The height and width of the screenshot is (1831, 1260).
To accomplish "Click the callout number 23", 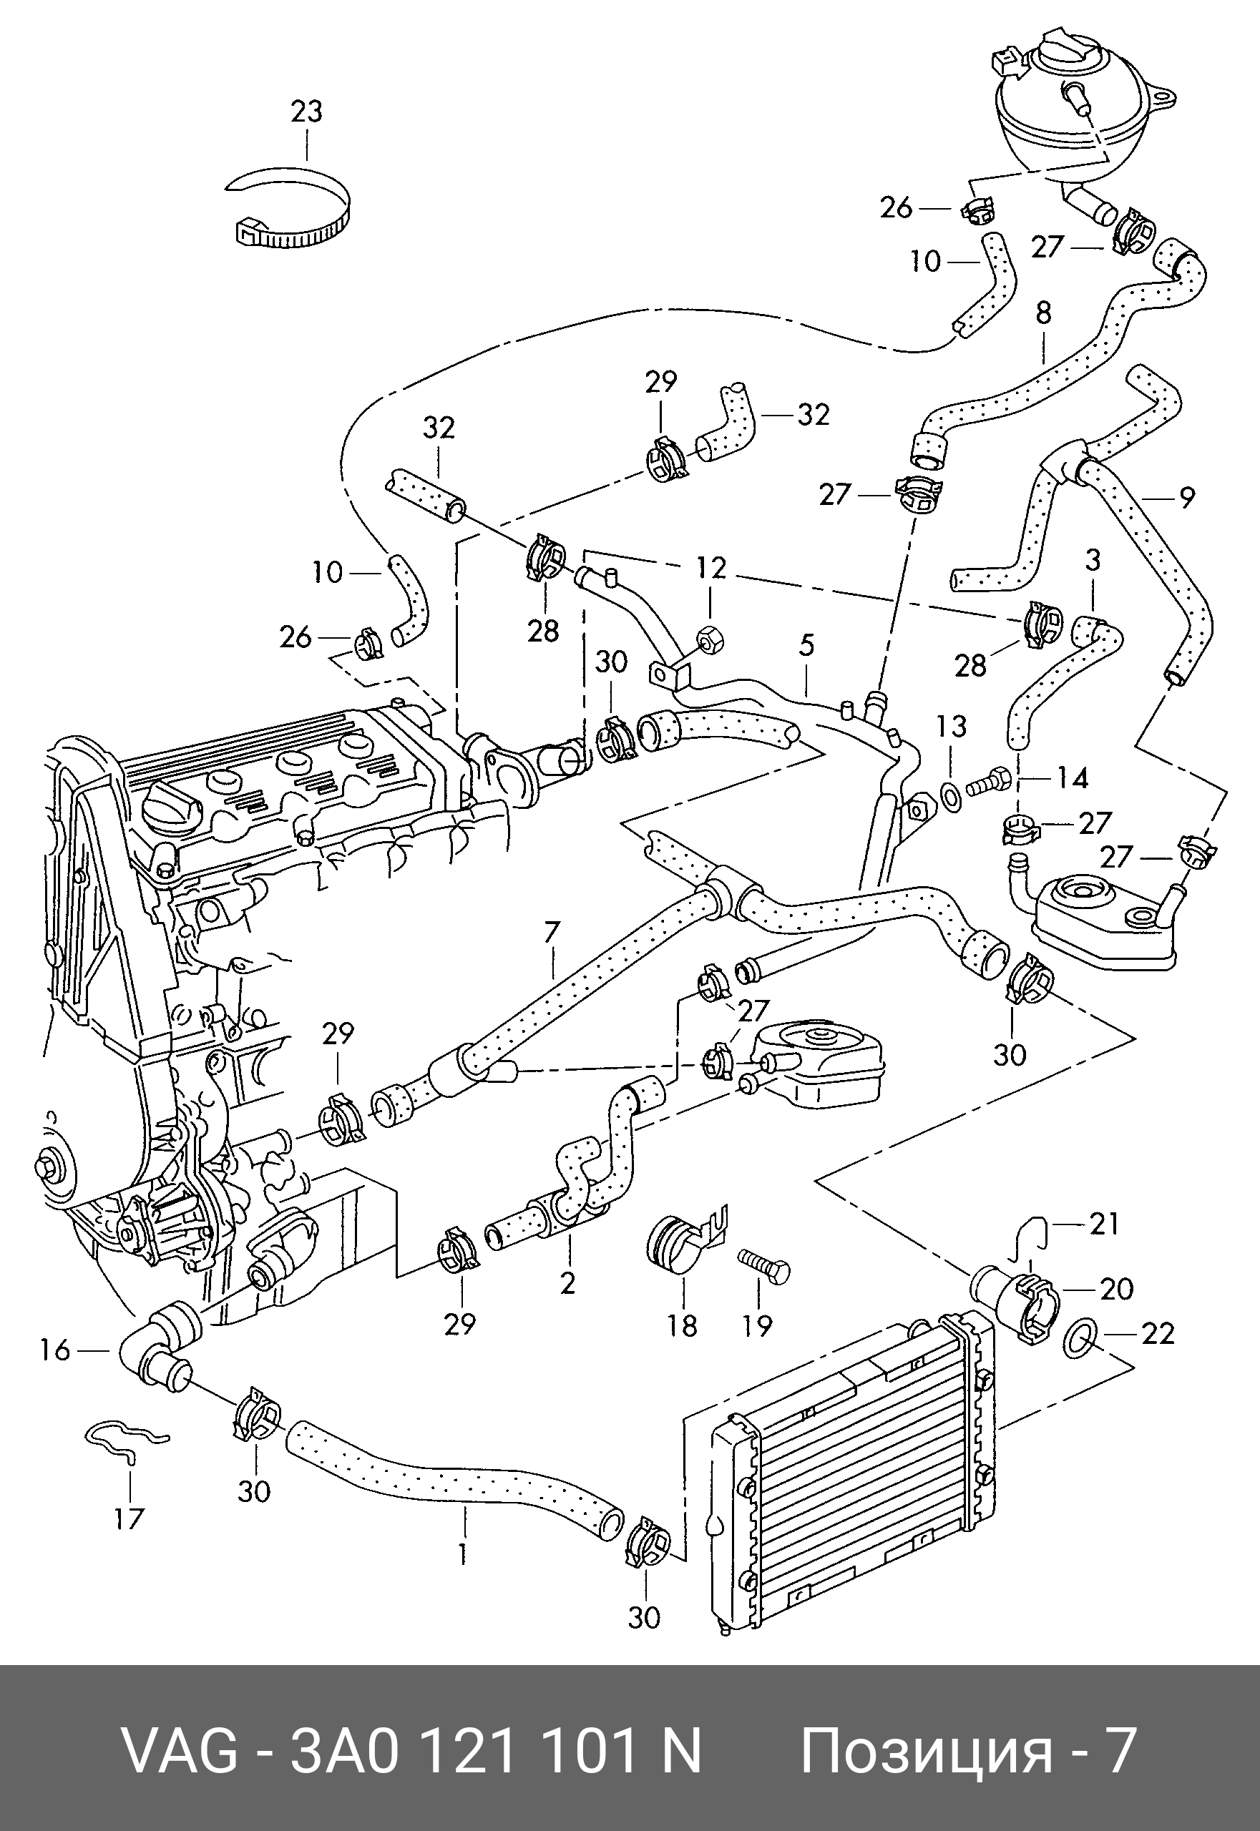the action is pos(306,112).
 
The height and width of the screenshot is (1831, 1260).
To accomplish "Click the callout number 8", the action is pos(1044,313).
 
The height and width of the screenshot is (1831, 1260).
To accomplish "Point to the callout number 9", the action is pos(1186,497).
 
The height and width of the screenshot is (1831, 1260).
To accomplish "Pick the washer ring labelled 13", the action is pos(952,798).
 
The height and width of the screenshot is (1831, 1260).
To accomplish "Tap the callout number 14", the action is pos(1072,778).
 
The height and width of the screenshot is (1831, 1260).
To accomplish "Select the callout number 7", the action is pos(551,933).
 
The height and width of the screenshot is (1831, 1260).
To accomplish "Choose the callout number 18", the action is pos(682,1327).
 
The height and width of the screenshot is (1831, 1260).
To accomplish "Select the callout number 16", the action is pos(55,1350).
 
